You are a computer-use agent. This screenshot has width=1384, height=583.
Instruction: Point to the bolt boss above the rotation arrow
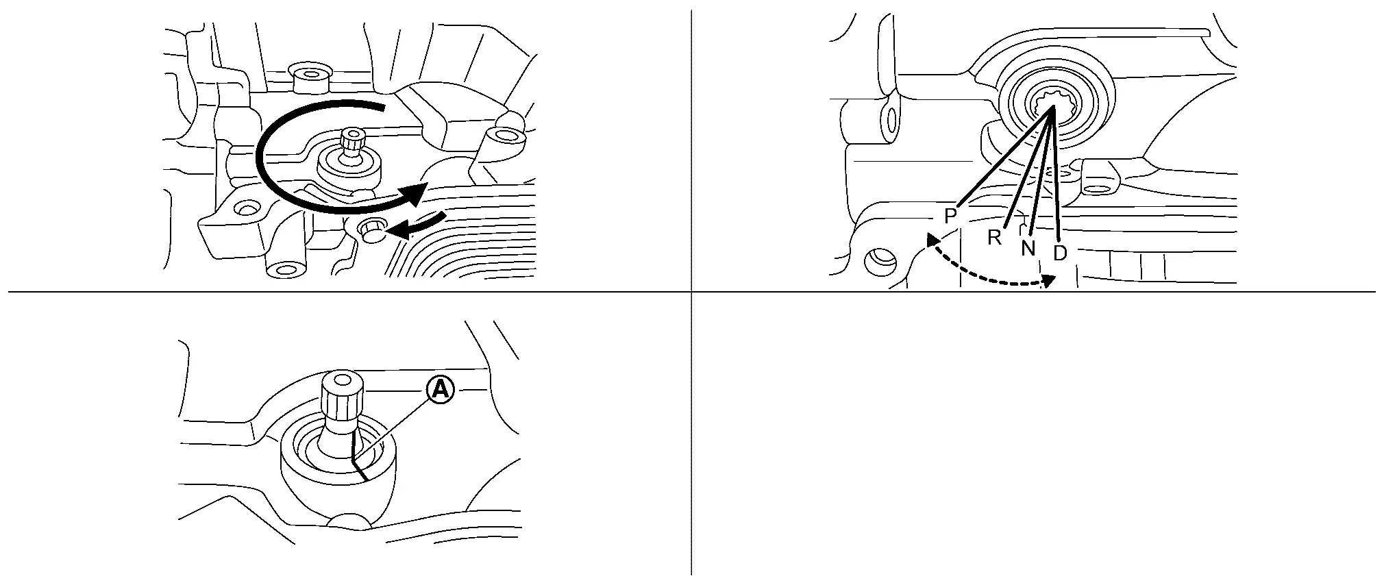(310, 77)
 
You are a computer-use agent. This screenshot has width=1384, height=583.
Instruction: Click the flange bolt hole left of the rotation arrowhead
(247, 207)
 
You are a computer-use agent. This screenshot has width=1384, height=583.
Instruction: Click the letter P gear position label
(950, 216)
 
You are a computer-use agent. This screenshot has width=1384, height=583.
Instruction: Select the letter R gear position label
(995, 238)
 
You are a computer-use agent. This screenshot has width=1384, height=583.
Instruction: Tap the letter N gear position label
(1028, 248)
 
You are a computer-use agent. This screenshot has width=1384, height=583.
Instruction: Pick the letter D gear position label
(1060, 253)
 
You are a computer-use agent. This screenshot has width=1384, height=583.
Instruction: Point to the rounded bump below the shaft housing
(350, 522)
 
